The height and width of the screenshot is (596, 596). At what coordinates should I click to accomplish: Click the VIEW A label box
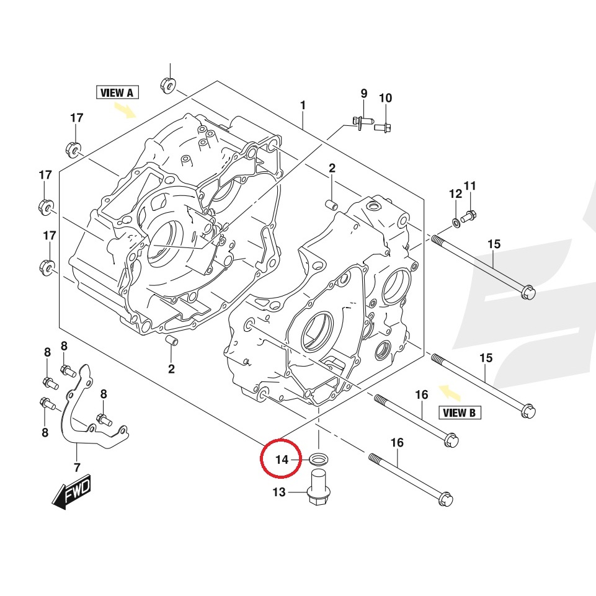pyautogui.click(x=117, y=93)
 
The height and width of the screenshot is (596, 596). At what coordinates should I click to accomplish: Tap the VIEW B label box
pyautogui.click(x=460, y=412)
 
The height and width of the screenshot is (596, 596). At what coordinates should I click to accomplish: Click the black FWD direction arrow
pyautogui.click(x=71, y=494)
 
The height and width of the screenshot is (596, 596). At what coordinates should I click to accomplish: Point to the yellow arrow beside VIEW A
pyautogui.click(x=126, y=110)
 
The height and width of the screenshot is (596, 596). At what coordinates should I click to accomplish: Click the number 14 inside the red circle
pyautogui.click(x=282, y=460)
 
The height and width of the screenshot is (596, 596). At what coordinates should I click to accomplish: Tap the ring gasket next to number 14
pyautogui.click(x=319, y=460)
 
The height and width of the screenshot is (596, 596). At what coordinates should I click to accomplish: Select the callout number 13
pyautogui.click(x=279, y=492)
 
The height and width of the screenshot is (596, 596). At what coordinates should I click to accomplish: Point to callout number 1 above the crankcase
pyautogui.click(x=303, y=105)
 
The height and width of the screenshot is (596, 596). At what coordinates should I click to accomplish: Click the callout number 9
pyautogui.click(x=364, y=94)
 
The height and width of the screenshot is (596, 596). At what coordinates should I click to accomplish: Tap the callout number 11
pyautogui.click(x=469, y=185)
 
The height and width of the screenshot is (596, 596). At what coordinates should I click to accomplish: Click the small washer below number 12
pyautogui.click(x=456, y=221)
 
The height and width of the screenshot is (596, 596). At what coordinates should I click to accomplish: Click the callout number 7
pyautogui.click(x=77, y=467)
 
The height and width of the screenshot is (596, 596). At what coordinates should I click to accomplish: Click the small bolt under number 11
pyautogui.click(x=469, y=216)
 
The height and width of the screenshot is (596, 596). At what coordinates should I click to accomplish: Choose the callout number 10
pyautogui.click(x=385, y=98)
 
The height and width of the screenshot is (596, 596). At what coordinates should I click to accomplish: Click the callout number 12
pyautogui.click(x=455, y=193)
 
